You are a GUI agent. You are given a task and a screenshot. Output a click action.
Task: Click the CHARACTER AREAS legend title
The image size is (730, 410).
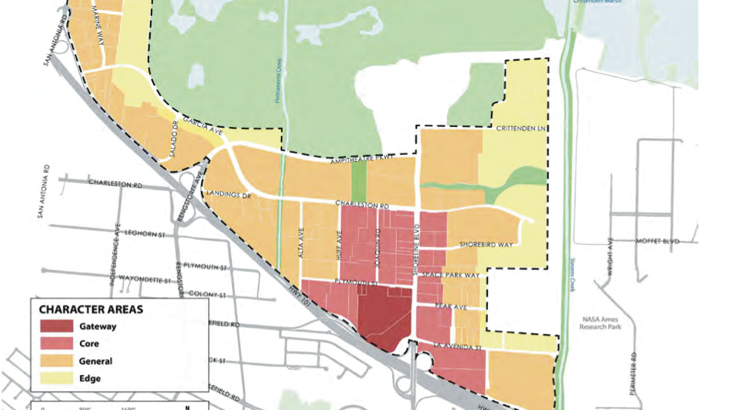91,310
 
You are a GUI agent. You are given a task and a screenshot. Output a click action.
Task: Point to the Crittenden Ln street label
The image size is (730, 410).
521,129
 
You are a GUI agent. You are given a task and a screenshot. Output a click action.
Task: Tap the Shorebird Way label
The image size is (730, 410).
488,245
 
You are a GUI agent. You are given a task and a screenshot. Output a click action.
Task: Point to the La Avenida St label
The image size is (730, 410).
458,347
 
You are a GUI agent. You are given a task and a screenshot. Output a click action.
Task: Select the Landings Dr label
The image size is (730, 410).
228,195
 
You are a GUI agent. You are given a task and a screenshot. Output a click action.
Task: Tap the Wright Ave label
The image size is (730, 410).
610,255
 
